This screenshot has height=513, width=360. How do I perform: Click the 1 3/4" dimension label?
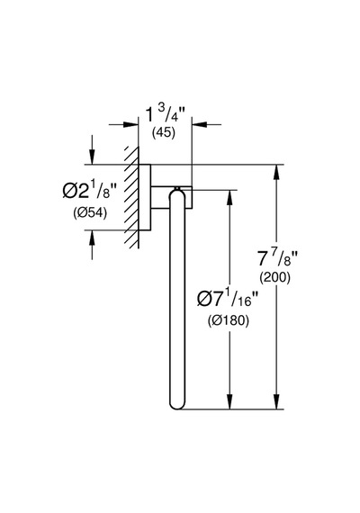pos(166,114)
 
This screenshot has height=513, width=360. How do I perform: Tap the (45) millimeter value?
pos(164,132)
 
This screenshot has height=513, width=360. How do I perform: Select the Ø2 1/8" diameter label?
pos(90,192)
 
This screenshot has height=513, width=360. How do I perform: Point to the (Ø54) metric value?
pos(90,213)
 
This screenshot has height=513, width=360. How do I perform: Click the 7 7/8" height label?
pos(277,258)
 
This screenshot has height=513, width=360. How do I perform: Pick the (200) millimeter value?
pos(274,278)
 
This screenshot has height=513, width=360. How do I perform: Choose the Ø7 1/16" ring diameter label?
pos(228,299)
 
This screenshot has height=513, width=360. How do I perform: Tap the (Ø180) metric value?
pos(228,320)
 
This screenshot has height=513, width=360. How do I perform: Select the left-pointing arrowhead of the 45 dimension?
pos(200,124)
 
